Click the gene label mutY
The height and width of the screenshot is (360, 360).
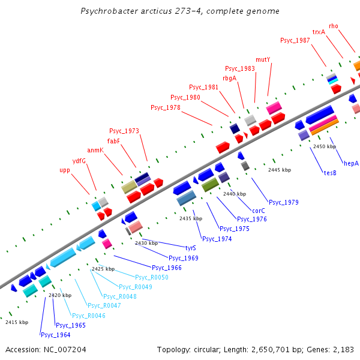click(x=263, y=59)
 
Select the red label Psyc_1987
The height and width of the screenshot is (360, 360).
click(x=295, y=40)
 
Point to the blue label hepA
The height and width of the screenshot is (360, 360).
click(x=351, y=163)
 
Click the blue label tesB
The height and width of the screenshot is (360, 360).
click(x=329, y=173)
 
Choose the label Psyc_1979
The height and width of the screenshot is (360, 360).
click(x=283, y=202)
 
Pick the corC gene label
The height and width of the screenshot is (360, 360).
click(x=259, y=211)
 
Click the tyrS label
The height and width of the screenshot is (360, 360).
click(x=191, y=247)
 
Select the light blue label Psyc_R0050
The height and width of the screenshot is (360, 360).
click(x=151, y=277)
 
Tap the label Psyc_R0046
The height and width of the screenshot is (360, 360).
click(x=88, y=316)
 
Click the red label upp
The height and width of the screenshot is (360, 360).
click(x=64, y=170)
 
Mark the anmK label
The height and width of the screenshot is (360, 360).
click(x=95, y=150)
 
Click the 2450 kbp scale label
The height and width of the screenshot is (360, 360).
click(x=325, y=146)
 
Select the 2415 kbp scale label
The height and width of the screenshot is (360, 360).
click(x=17, y=322)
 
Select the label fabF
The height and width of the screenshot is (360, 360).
click(x=113, y=141)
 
